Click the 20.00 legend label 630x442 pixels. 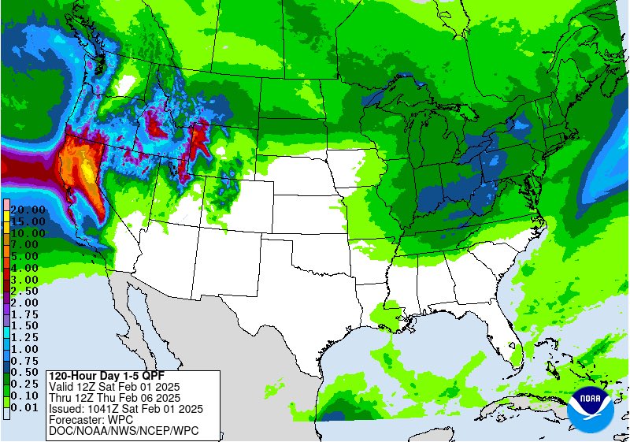(28, 210)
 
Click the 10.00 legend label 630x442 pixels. (28, 233)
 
